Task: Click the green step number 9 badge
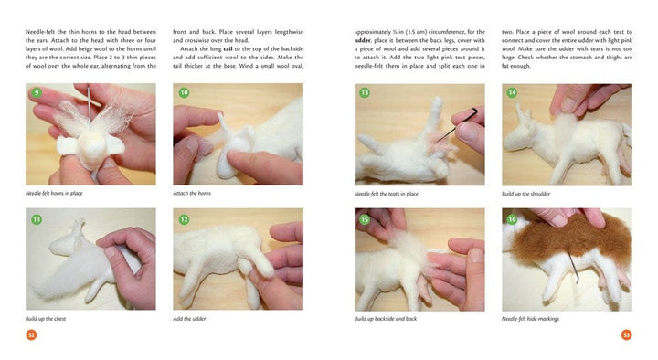tap(37, 92)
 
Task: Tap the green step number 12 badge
tap(185, 219)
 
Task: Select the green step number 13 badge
tap(365, 92)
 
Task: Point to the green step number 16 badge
tap(512, 219)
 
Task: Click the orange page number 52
tap(31, 334)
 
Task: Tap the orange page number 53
tap(626, 334)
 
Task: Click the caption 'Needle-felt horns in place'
tap(54, 193)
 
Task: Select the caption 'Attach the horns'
tap(192, 193)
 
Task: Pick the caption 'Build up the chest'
tap(46, 319)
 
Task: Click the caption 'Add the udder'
tap(189, 319)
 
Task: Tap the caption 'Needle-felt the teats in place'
tap(386, 194)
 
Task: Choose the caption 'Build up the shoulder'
tap(525, 194)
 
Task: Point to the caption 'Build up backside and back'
tap(386, 319)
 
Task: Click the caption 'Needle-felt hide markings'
tap(530, 319)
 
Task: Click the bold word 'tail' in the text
tap(228, 48)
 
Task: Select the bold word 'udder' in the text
tap(363, 40)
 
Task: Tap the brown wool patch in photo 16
tap(570, 237)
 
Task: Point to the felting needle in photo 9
tap(89, 104)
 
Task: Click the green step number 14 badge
tap(512, 92)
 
